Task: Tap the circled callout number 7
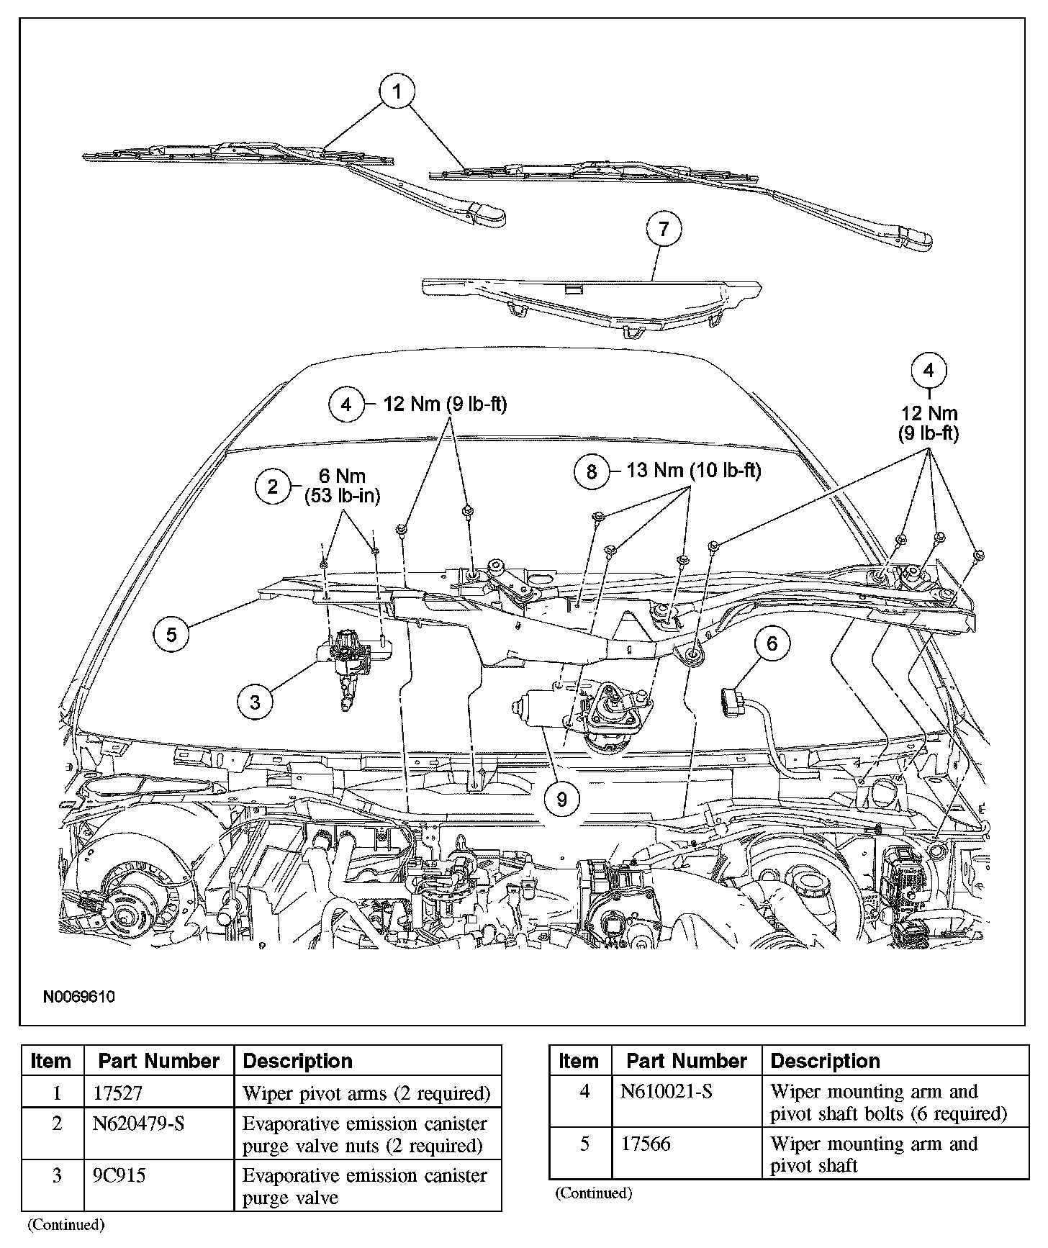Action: click(x=664, y=229)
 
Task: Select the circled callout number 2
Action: click(x=273, y=487)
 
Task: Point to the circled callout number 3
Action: click(x=256, y=701)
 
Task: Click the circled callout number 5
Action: click(x=171, y=634)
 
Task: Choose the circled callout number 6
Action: click(x=772, y=643)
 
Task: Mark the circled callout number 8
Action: click(x=592, y=471)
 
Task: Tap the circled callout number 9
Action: click(x=562, y=797)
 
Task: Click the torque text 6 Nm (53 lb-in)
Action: click(x=342, y=486)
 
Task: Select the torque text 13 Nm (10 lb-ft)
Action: click(x=694, y=471)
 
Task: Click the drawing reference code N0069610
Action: click(x=79, y=997)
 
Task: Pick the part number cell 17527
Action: click(x=118, y=1093)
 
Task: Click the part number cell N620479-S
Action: click(x=139, y=1123)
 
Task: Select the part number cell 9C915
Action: click(x=119, y=1175)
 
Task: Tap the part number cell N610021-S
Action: click(x=667, y=1092)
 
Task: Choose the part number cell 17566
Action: click(x=646, y=1144)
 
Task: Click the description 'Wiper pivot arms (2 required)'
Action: click(x=366, y=1093)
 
